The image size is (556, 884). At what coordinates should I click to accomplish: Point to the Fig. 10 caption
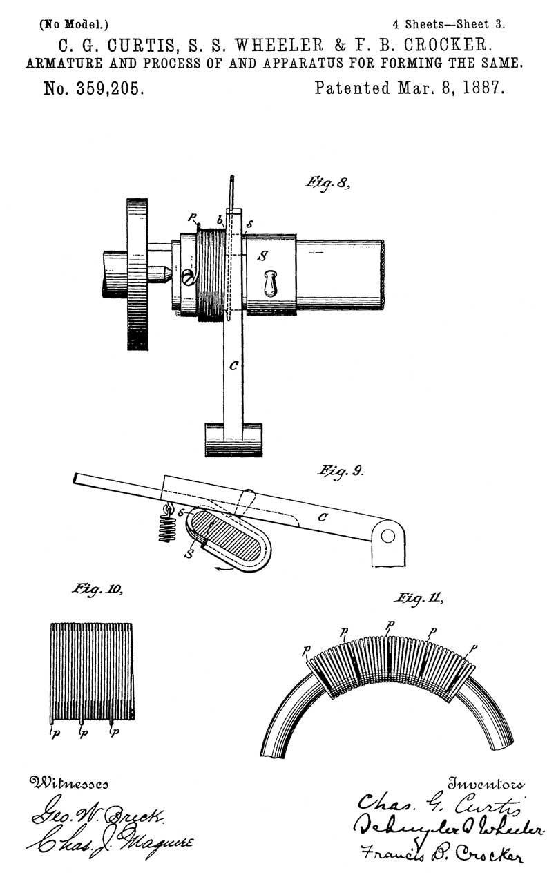(x=97, y=589)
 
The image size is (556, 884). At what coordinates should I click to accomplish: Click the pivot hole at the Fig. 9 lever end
(x=388, y=536)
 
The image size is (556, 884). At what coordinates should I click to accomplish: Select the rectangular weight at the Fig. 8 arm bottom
(x=233, y=439)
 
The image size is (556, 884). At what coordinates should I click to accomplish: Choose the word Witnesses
(x=68, y=784)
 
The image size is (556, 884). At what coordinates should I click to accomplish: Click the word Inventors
(x=486, y=784)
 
